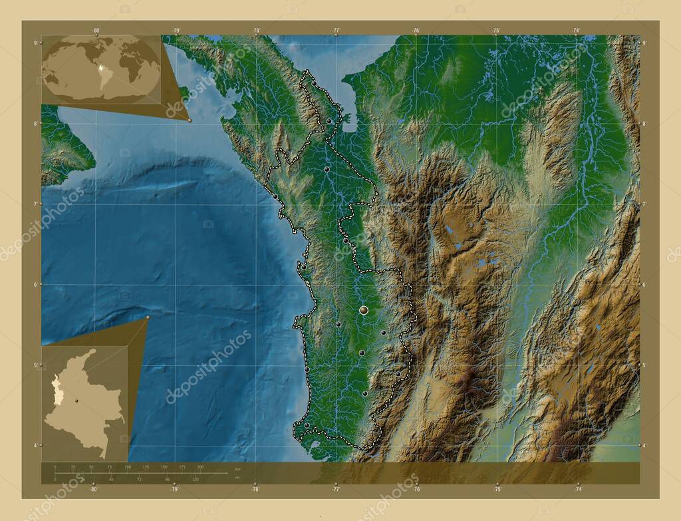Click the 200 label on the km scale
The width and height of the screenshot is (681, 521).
coord(200,467)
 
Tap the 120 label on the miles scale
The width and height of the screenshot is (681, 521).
coord(195,479)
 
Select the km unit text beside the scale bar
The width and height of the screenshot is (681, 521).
coord(237,470)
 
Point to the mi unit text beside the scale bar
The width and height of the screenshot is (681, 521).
coord(237,477)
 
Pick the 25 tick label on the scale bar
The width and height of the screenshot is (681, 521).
coord(73,467)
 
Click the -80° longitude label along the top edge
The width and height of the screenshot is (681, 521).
coord(96,31)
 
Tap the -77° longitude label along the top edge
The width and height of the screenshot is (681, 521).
coord(337,31)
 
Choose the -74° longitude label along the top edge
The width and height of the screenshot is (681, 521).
coord(576,31)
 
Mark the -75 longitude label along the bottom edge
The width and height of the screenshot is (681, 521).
coord(497,489)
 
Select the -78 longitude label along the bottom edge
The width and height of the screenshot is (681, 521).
coord(255,489)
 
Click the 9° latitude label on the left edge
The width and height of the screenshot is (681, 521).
coord(35,43)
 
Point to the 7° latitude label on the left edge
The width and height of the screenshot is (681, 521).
coord(35,204)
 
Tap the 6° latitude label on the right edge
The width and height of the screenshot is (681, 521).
coord(644,285)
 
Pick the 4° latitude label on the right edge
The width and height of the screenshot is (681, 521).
coord(644,446)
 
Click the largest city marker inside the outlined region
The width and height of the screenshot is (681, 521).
coord(363,310)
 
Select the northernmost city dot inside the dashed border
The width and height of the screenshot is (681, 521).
coord(314,83)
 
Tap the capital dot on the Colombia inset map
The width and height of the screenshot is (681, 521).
coord(78,401)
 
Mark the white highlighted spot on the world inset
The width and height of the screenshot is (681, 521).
coord(100,67)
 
